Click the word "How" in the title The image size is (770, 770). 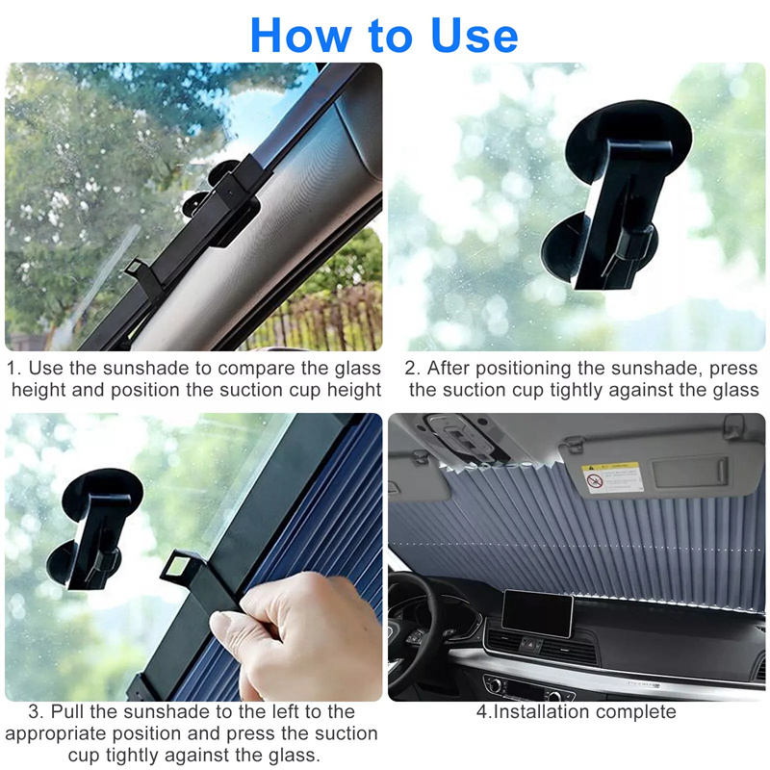click(301, 36)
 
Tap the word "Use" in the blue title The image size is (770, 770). click(475, 36)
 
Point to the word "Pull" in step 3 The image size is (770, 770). click(67, 711)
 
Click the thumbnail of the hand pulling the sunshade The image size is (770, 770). click(193, 557)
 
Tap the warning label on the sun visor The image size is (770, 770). click(612, 476)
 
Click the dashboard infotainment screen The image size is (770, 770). click(537, 612)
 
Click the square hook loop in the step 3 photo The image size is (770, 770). click(179, 565)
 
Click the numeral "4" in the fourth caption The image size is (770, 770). click(481, 711)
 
